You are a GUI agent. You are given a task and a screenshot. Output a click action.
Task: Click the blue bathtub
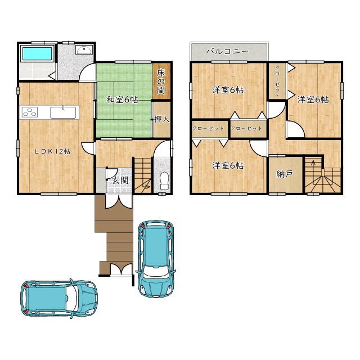point(37,53)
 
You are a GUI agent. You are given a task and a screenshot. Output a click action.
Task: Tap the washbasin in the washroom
point(84,50)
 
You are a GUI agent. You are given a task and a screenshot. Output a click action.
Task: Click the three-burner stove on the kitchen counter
point(30,112)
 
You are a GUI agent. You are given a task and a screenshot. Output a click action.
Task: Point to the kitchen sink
point(63,112)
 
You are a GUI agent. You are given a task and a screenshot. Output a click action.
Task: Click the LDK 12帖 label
point(52,151)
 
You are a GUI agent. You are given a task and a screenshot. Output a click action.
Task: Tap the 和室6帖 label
point(122,100)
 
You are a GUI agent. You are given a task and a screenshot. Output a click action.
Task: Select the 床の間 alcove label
point(161,82)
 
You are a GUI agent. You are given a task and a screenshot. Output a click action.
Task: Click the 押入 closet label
point(162,119)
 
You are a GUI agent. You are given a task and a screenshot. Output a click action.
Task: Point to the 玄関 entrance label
point(120,181)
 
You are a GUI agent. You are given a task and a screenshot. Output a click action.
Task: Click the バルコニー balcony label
point(227,51)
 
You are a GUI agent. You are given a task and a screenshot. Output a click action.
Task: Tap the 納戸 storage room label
point(285,174)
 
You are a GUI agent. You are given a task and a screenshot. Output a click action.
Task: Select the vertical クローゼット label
point(277,82)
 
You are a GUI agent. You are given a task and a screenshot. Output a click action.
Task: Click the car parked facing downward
point(156,259)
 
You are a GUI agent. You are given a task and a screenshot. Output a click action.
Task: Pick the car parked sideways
point(59,298)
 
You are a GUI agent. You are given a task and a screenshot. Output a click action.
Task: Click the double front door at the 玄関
point(119,201)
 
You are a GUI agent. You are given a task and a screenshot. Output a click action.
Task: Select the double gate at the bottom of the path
point(121,269)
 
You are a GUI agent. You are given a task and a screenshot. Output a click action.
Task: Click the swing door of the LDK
point(88,148)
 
